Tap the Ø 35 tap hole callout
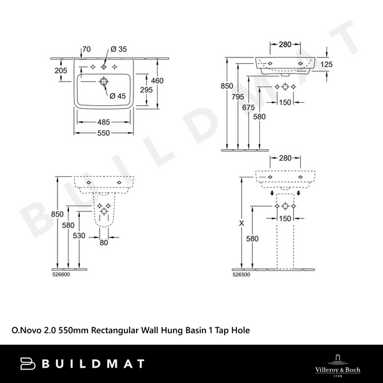point(118,49)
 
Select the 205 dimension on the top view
point(60,71)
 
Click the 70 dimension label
point(87,49)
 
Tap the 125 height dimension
point(327,64)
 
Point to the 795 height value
point(238,97)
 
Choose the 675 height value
point(249,108)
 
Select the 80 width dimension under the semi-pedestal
point(104,242)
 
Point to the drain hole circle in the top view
point(102,82)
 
